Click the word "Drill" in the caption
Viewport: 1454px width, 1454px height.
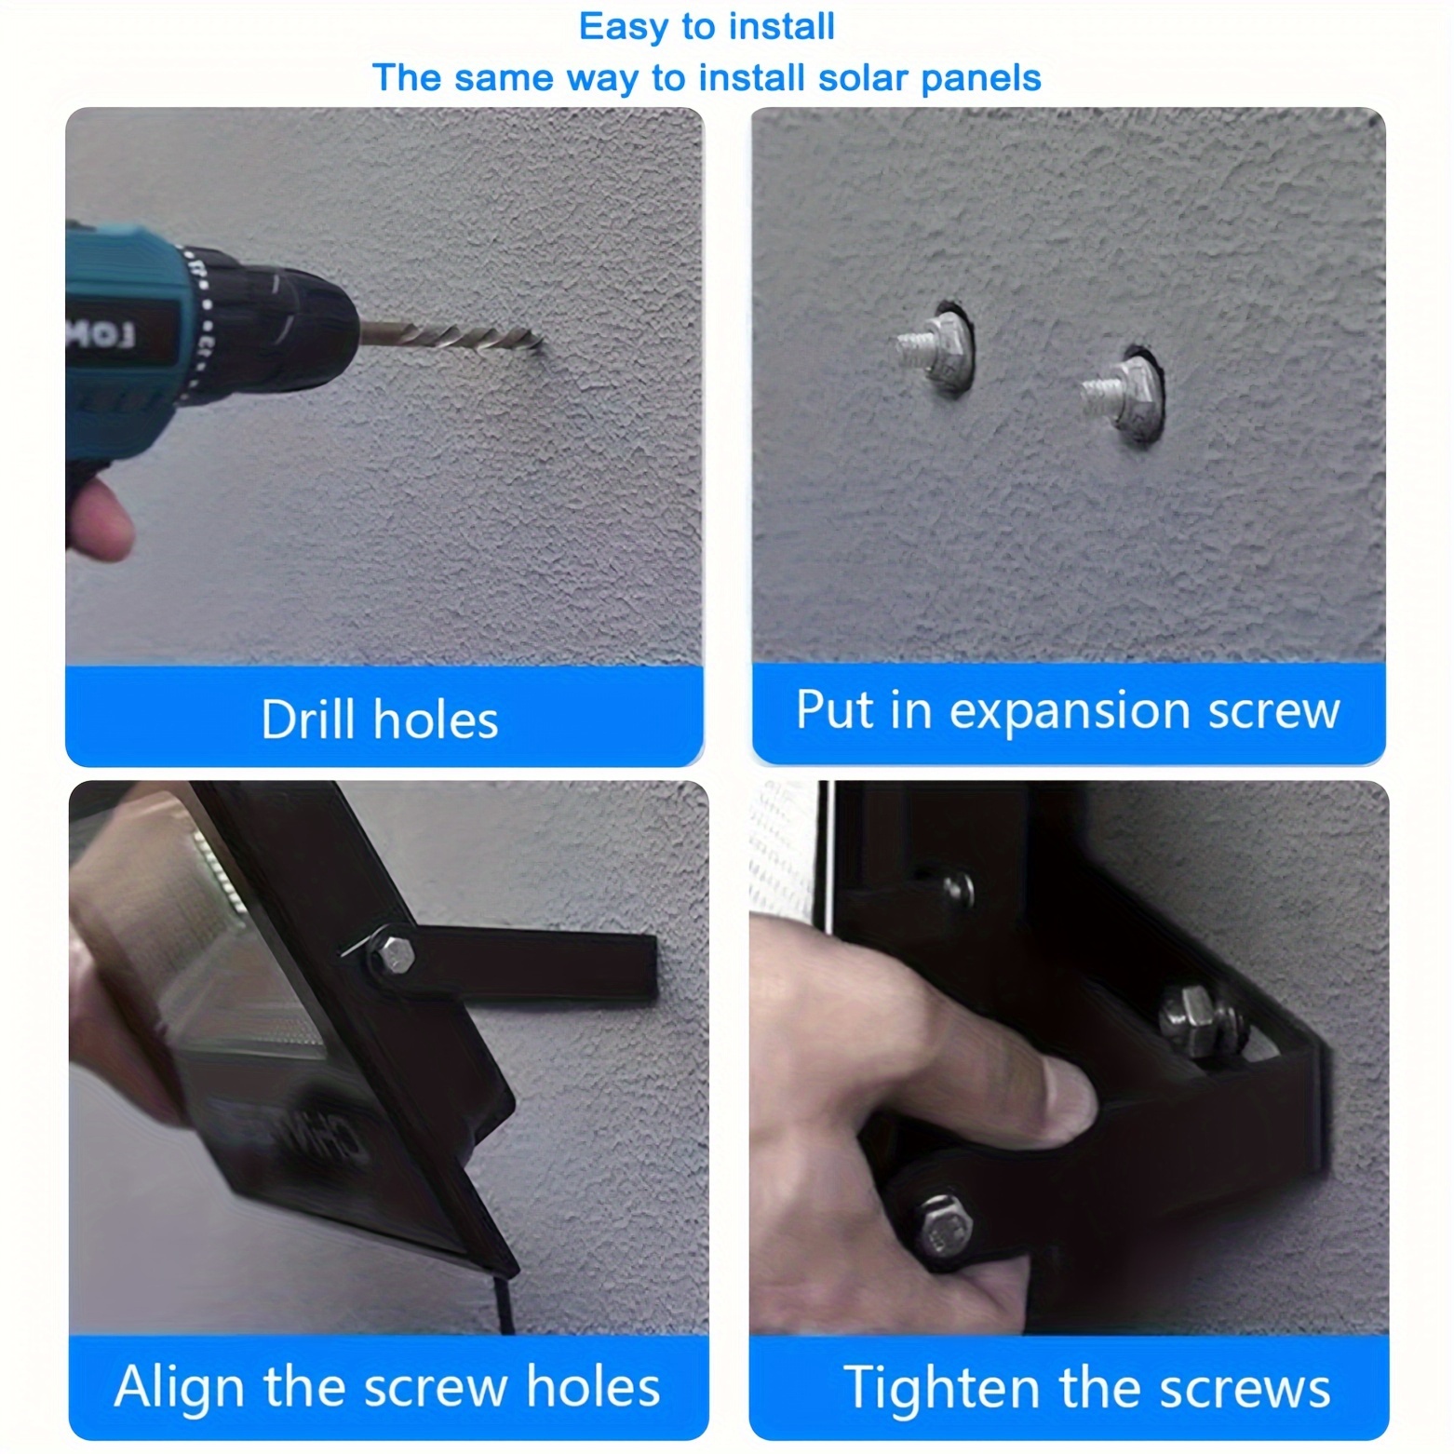[x=307, y=720]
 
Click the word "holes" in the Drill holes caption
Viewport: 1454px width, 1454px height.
[x=436, y=720]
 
